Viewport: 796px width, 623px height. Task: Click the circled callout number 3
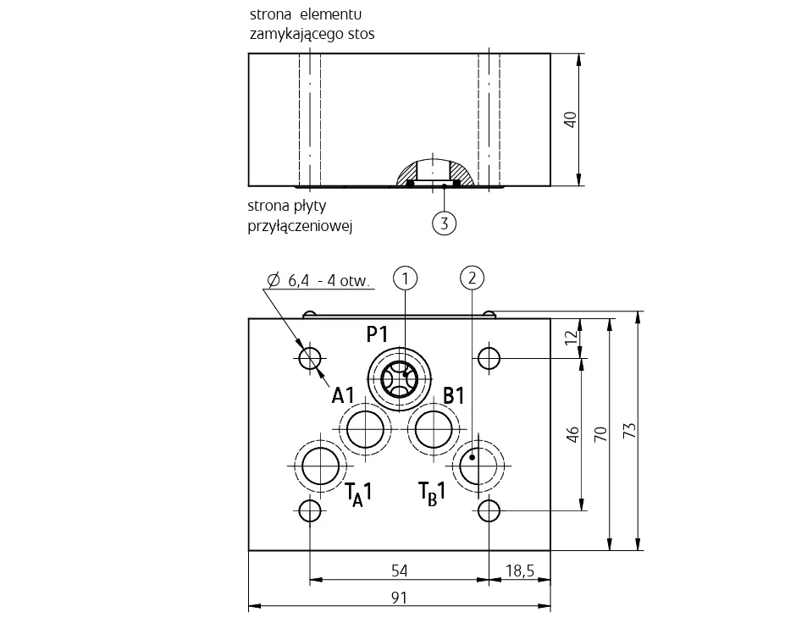point(445,223)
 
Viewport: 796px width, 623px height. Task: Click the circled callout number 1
point(405,278)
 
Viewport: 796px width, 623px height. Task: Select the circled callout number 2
point(473,278)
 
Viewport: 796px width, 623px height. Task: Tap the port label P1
point(377,334)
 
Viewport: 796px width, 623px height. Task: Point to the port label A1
point(343,395)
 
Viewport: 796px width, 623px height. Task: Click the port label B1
point(454,395)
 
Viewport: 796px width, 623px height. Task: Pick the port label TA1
point(358,494)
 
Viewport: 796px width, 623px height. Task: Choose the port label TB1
point(432,493)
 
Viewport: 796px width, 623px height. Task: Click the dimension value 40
point(571,119)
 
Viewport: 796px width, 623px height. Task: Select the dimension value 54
point(400,571)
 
